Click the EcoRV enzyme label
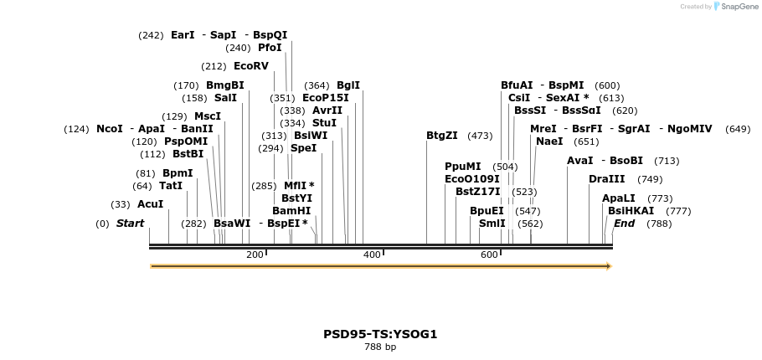[250, 66]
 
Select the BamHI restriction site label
[291, 211]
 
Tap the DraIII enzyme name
[606, 179]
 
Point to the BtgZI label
[442, 136]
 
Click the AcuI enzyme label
[150, 204]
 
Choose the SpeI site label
[303, 148]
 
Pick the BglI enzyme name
[348, 85]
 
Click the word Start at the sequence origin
[130, 224]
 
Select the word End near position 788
[624, 224]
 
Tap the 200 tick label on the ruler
[255, 255]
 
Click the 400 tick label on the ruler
[372, 255]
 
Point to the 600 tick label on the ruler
[489, 255]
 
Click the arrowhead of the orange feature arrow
[609, 266]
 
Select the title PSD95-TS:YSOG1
[380, 334]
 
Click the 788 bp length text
[380, 347]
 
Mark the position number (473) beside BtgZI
[480, 136]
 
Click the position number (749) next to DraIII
[650, 179]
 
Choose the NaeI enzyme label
[549, 141]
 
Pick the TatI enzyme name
[171, 186]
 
